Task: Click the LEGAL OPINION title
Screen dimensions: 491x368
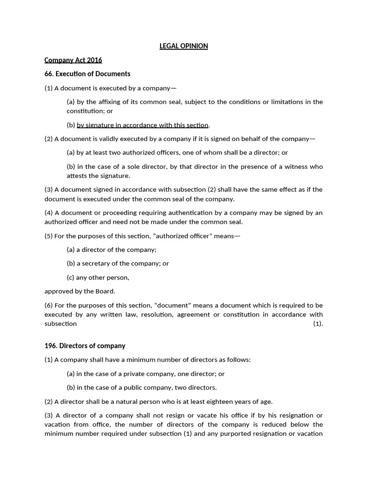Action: (184, 46)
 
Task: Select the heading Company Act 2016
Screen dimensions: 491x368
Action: (73, 60)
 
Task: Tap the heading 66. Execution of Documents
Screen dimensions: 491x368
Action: (87, 74)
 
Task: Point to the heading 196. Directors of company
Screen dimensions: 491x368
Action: (85, 346)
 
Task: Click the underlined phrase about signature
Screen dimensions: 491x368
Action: (142, 125)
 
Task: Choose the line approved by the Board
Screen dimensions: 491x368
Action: (80, 291)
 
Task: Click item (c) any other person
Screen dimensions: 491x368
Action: (98, 277)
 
